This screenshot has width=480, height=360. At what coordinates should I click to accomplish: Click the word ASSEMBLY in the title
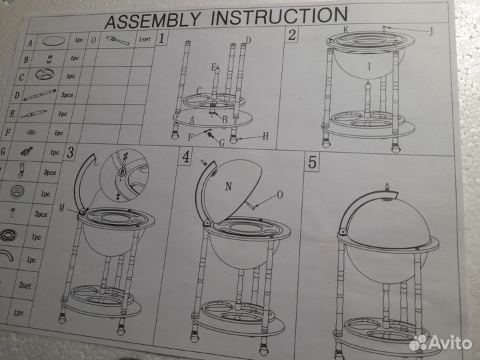153,20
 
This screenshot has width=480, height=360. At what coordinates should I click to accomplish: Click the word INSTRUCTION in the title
279,16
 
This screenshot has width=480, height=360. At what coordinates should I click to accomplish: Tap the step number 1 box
161,38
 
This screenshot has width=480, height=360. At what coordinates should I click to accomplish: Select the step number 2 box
292,35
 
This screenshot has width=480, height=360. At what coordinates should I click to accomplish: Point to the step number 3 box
70,152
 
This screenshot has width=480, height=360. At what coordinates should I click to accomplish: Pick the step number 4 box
185,157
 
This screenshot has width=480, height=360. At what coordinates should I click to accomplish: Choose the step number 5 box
312,162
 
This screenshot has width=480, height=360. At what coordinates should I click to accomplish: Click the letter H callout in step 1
266,136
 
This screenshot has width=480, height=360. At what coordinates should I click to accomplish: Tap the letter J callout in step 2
431,31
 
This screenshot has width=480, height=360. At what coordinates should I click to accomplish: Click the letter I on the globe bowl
369,66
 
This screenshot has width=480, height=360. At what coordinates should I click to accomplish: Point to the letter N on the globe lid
229,186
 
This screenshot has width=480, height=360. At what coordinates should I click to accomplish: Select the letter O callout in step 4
279,195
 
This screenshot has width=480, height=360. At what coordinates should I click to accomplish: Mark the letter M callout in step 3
61,208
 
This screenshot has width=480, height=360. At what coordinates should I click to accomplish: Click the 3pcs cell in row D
67,95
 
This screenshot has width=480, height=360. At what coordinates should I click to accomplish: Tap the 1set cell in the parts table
145,39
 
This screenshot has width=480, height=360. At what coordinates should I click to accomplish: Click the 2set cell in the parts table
25,285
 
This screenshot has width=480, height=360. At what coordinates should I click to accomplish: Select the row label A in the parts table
30,43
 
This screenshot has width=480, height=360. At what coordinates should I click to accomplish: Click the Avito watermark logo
441,343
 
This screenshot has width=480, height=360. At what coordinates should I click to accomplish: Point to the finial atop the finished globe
387,187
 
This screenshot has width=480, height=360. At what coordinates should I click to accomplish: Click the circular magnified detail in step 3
124,175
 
